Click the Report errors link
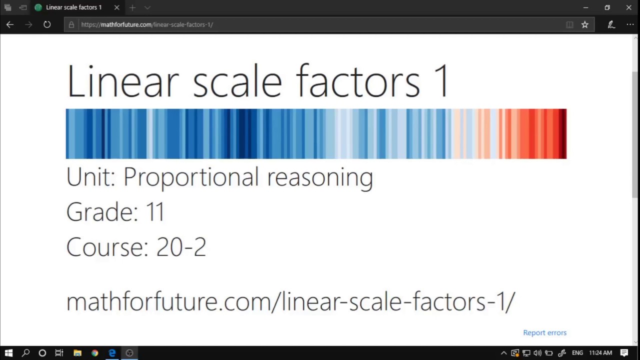click(x=544, y=332)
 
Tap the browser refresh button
click(x=47, y=24)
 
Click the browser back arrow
click(x=10, y=24)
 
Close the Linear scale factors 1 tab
click(x=116, y=7)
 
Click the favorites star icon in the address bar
click(x=584, y=24)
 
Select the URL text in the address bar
click(x=147, y=24)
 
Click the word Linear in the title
click(x=122, y=81)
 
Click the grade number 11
click(x=155, y=212)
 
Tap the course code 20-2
click(x=181, y=247)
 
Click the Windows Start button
click(x=8, y=353)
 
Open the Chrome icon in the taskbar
click(x=94, y=353)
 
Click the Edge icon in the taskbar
click(x=112, y=353)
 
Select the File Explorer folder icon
click(x=77, y=353)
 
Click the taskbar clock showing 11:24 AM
click(x=600, y=353)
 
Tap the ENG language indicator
click(x=577, y=353)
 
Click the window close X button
click(x=628, y=7)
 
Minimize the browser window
click(x=585, y=7)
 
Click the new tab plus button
click(x=132, y=7)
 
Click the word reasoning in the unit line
click(x=320, y=177)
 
